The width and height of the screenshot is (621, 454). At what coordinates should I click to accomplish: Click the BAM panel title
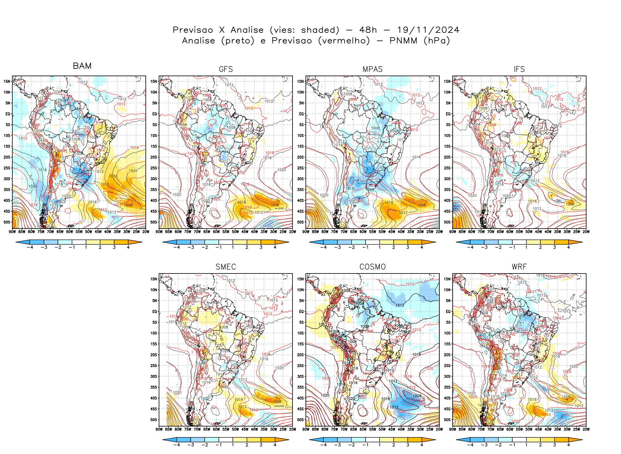point(82,66)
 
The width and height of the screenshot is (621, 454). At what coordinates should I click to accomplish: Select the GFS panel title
point(226,69)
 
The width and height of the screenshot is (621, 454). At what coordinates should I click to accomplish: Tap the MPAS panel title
point(372,69)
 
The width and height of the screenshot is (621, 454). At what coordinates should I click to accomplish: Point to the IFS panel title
point(519,69)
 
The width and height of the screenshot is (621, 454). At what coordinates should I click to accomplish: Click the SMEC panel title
point(226,267)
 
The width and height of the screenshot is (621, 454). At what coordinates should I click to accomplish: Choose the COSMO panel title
point(372,267)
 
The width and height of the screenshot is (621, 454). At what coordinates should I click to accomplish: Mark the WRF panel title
point(519,267)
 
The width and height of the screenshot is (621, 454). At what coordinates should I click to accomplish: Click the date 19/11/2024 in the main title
point(428,30)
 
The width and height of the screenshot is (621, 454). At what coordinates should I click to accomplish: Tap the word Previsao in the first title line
point(193,30)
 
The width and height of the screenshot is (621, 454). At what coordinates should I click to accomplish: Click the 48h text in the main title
point(368,30)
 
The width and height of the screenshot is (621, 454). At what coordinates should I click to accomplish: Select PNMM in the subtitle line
point(403,41)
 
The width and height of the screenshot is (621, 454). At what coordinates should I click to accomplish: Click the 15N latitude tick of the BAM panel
point(7,81)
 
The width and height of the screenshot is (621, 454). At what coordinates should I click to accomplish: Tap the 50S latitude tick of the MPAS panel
point(300,222)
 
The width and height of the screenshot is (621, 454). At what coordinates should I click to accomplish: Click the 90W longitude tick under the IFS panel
point(453,232)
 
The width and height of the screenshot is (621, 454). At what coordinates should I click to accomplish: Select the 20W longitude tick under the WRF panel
point(586,429)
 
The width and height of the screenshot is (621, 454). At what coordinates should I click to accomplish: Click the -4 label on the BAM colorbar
point(30,247)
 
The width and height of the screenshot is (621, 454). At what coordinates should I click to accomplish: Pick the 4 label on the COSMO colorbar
point(422,445)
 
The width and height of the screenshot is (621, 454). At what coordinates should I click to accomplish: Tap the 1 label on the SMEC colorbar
point(233,445)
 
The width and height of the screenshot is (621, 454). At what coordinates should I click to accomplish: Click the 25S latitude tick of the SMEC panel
point(154,365)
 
